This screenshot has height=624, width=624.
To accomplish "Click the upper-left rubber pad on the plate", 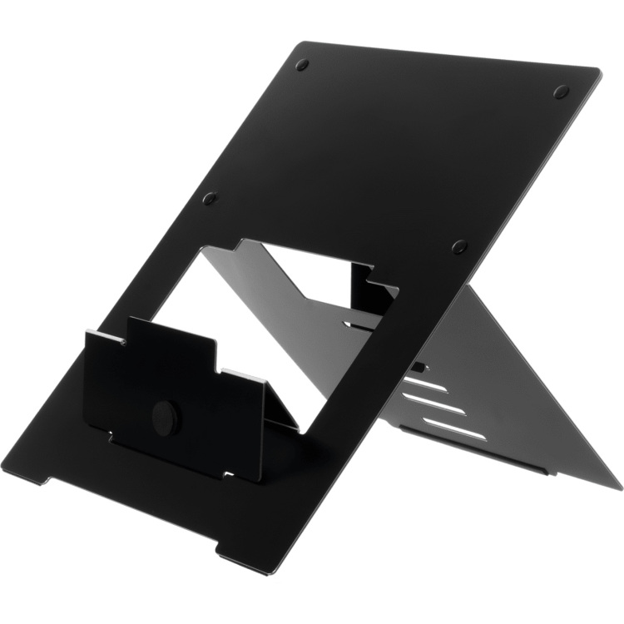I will pos(302,64).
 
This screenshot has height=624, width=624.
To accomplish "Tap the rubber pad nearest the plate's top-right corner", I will pos(561,92).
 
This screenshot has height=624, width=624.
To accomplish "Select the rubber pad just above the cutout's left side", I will pos(210,199).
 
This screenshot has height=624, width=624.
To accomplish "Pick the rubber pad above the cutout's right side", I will pos(459,246).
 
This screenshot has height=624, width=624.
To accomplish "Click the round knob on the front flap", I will pos(166,416).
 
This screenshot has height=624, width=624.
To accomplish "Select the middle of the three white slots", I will pos(434,402).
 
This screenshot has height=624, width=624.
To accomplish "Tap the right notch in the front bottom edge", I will pos(230,550).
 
